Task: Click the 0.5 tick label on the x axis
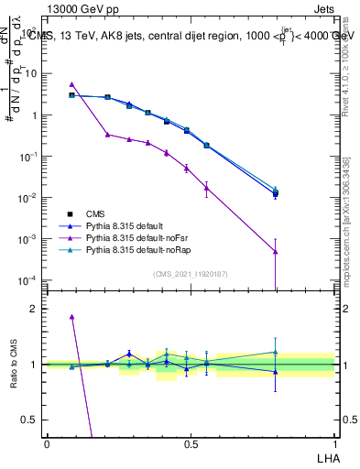[x=191, y=442]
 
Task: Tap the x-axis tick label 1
[x=335, y=442]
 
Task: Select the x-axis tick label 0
[x=47, y=442]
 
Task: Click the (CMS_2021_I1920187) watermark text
[x=191, y=274]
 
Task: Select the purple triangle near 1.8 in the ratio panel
[x=71, y=317]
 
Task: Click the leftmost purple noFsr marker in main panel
[x=71, y=84]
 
